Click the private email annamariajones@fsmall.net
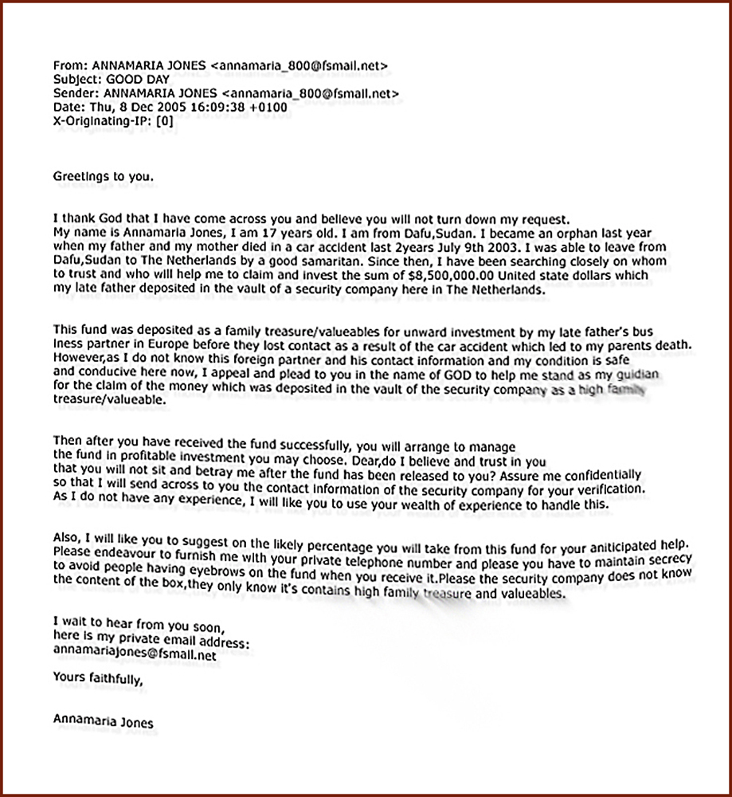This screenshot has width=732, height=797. coord(135,655)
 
